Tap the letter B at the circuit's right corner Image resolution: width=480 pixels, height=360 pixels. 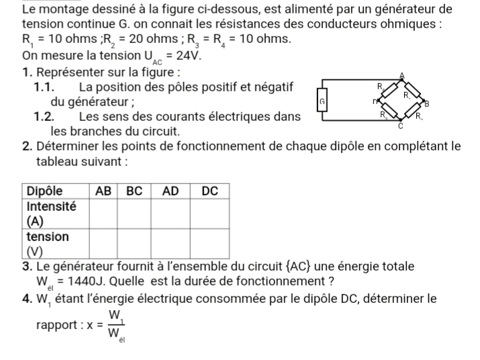tap(426, 104)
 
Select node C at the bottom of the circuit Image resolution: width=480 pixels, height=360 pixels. tap(401, 124)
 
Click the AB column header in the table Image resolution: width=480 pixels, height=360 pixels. tap(103, 191)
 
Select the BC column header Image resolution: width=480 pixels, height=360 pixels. tap(135, 191)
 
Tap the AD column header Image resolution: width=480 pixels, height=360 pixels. tap(171, 191)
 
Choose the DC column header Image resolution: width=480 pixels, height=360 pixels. tap(210, 191)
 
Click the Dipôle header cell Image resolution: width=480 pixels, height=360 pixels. tap(44, 191)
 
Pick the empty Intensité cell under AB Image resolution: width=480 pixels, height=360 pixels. tap(103, 213)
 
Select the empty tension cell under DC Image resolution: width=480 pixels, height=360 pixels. tap(210, 244)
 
